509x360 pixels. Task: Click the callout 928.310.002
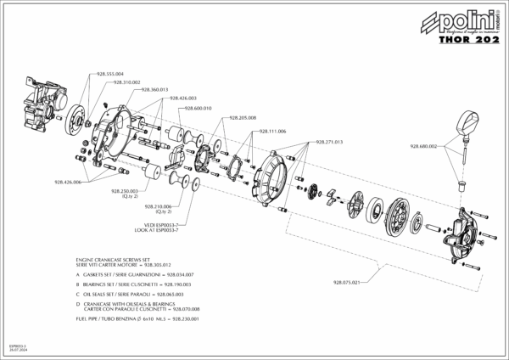coord(123,82)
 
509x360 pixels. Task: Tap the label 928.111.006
coord(272,131)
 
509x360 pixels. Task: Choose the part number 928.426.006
coord(66,183)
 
